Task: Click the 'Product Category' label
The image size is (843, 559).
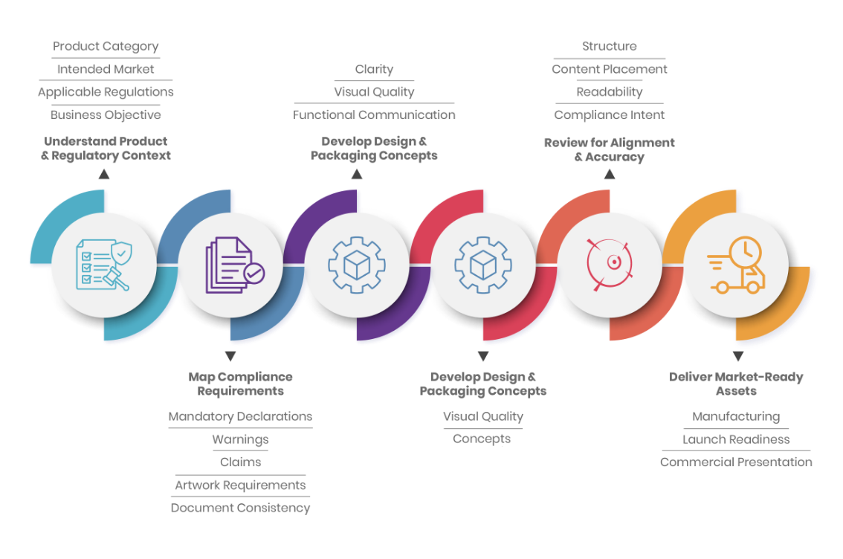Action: [106, 47]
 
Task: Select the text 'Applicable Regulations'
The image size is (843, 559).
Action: [106, 92]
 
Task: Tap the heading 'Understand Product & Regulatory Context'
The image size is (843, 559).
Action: [106, 149]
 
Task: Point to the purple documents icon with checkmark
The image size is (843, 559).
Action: [235, 265]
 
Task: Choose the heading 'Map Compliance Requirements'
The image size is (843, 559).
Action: [240, 384]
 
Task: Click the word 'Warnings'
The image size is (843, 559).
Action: [240, 439]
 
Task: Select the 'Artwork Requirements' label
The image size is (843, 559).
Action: [240, 485]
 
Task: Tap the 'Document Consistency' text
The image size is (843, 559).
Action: [240, 508]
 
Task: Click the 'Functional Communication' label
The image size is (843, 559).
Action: [374, 115]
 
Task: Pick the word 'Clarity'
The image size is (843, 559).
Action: [374, 69]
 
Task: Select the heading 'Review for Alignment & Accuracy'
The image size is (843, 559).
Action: [609, 150]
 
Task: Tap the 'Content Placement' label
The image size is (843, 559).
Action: [609, 69]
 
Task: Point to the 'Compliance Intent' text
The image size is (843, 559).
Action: [609, 115]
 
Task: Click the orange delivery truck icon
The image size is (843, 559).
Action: [736, 265]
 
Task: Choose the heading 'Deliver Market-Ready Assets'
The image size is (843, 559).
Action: [736, 384]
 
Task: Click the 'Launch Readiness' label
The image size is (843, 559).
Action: [736, 439]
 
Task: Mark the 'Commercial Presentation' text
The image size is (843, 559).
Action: [736, 462]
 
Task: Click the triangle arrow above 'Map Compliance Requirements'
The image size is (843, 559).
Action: [230, 356]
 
